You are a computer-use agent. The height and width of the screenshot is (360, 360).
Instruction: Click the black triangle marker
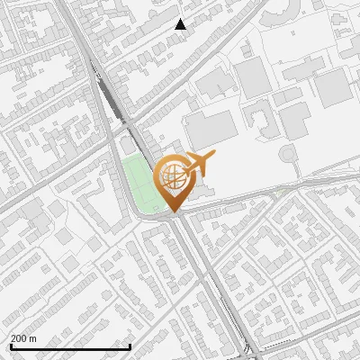tap(181, 24)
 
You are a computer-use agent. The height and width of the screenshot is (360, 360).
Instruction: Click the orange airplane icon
tap(198, 165)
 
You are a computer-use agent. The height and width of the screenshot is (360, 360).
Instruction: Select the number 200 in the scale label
tap(19, 338)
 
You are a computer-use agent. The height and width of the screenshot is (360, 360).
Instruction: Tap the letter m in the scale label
tap(33, 338)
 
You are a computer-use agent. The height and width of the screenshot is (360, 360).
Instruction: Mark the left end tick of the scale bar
tap(11, 346)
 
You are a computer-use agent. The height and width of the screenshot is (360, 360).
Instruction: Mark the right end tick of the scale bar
tap(130, 346)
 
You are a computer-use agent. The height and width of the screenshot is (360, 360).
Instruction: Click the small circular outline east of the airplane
tap(288, 154)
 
